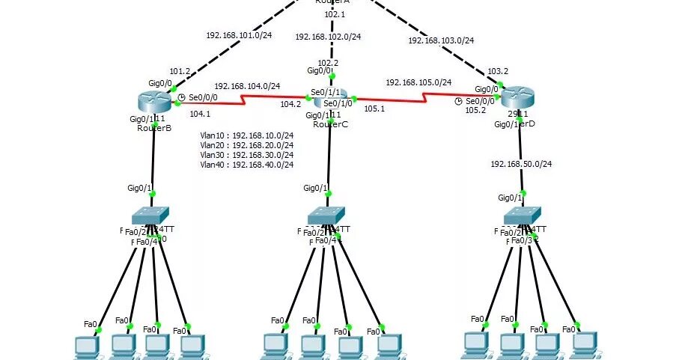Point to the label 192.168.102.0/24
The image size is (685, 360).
[328, 36]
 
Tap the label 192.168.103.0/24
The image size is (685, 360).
[442, 40]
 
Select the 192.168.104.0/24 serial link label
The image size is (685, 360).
[247, 87]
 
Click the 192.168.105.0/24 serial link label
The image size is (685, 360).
[418, 82]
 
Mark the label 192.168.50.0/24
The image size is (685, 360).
[521, 164]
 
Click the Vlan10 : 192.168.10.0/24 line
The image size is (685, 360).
[247, 135]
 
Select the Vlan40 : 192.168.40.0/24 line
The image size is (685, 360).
[247, 165]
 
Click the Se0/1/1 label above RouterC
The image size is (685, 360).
[326, 92]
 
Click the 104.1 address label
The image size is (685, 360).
[200, 114]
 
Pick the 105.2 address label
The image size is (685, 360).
[476, 110]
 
